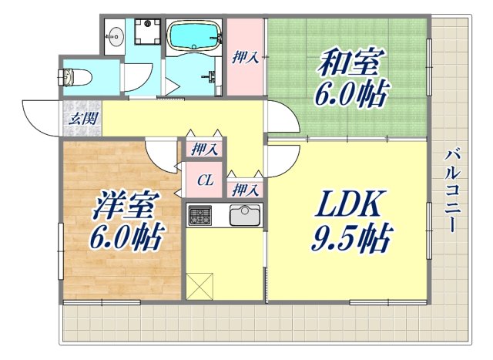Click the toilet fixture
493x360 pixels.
tap(75, 78)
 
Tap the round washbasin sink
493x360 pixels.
tap(118, 35)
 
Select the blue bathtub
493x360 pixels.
tap(193, 35)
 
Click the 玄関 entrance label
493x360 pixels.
tap(81, 119)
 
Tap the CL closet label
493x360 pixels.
tap(204, 181)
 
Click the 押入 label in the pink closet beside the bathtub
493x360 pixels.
tap(246, 58)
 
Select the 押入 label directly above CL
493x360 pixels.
tap(204, 149)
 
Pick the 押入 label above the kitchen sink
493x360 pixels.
tap(245, 189)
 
